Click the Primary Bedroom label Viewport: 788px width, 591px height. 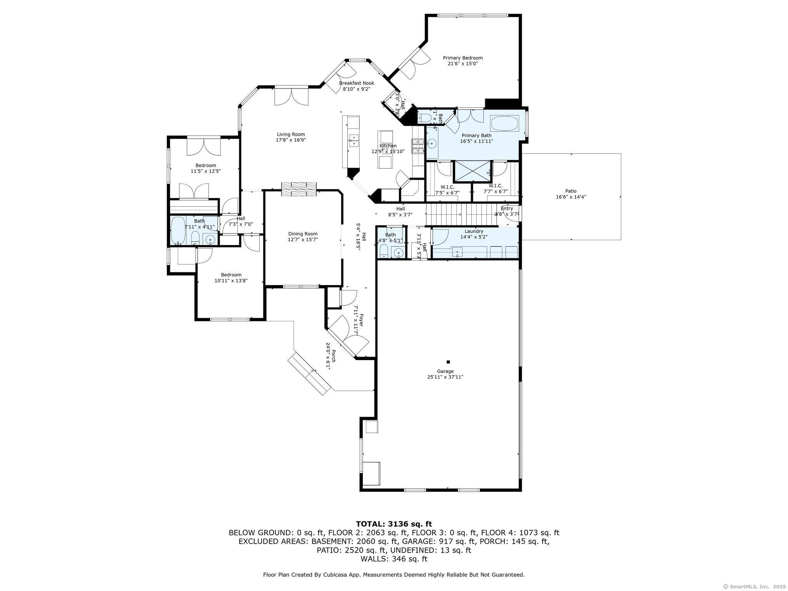(462, 58)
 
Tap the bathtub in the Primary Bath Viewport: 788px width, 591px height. (504, 124)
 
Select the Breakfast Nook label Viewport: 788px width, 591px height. (356, 83)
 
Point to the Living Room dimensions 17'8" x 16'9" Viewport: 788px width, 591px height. (291, 140)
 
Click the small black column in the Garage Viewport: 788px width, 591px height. (448, 362)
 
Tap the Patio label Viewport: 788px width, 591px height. (571, 191)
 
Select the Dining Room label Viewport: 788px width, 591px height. (303, 234)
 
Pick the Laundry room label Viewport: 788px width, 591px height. (474, 231)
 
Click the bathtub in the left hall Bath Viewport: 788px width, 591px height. (177, 231)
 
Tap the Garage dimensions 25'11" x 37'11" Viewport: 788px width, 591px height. (445, 377)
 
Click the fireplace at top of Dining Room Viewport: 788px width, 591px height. (299, 189)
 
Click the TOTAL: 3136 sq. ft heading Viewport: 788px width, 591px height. (394, 524)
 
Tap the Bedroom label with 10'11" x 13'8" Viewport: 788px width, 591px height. (231, 275)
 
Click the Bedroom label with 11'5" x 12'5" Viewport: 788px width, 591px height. (205, 165)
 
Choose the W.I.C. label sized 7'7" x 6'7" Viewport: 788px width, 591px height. (496, 186)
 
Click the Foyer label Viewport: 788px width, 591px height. (361, 319)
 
